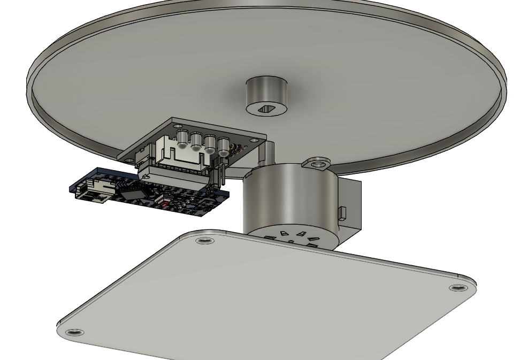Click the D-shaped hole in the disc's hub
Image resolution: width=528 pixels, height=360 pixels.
(x=266, y=109)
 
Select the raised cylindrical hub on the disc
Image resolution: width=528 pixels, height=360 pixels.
(x=266, y=93)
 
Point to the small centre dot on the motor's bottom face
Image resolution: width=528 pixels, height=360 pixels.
(x=291, y=242)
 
